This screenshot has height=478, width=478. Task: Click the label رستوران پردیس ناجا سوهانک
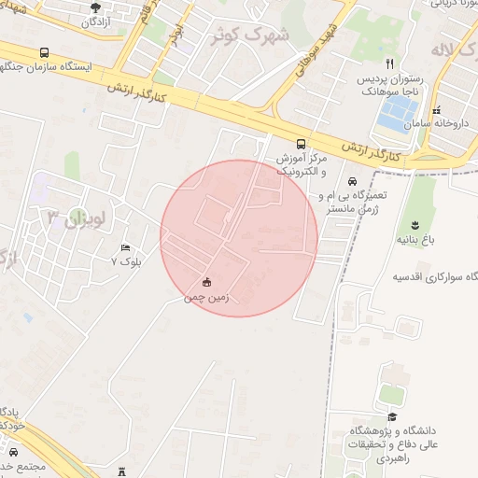click(390, 86)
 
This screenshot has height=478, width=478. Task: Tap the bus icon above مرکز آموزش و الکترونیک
click(301, 144)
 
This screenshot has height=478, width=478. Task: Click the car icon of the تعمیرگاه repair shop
click(351, 181)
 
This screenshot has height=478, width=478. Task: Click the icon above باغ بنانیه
click(414, 224)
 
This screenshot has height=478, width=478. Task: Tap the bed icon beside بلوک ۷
click(125, 247)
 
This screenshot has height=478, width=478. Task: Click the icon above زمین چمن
click(206, 283)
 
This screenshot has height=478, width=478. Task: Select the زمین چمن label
click(206, 298)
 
